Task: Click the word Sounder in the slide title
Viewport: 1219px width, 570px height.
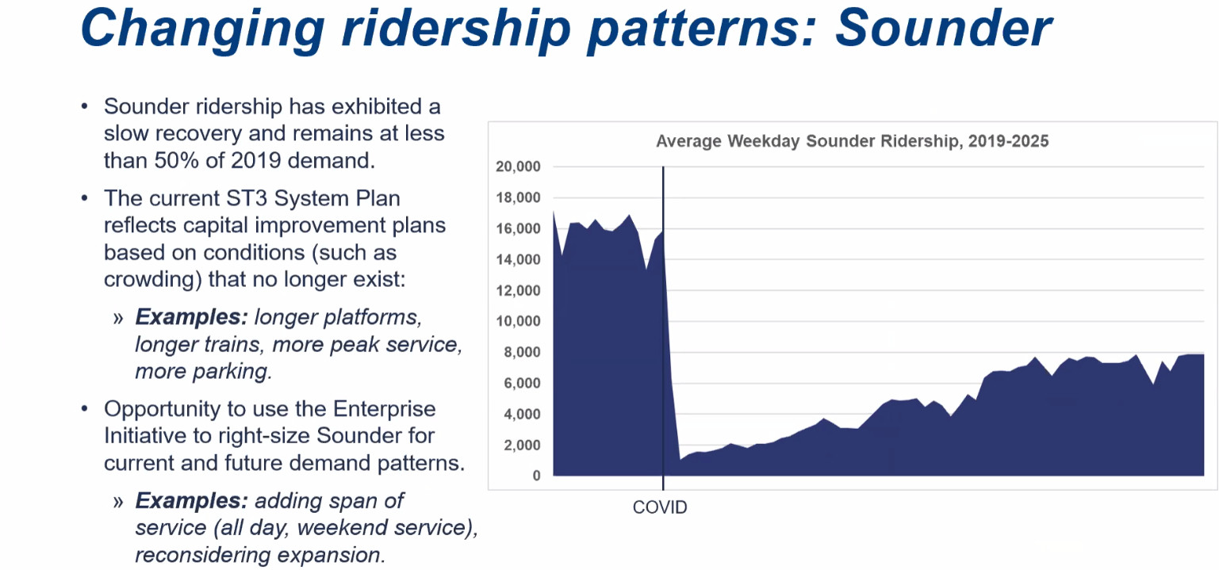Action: point(943,28)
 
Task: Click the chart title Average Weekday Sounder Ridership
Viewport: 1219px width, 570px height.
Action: point(852,142)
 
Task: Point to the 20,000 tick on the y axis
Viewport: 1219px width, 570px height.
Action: point(518,167)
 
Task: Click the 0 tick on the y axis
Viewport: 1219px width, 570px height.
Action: point(537,476)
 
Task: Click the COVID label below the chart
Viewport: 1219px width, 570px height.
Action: point(660,507)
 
